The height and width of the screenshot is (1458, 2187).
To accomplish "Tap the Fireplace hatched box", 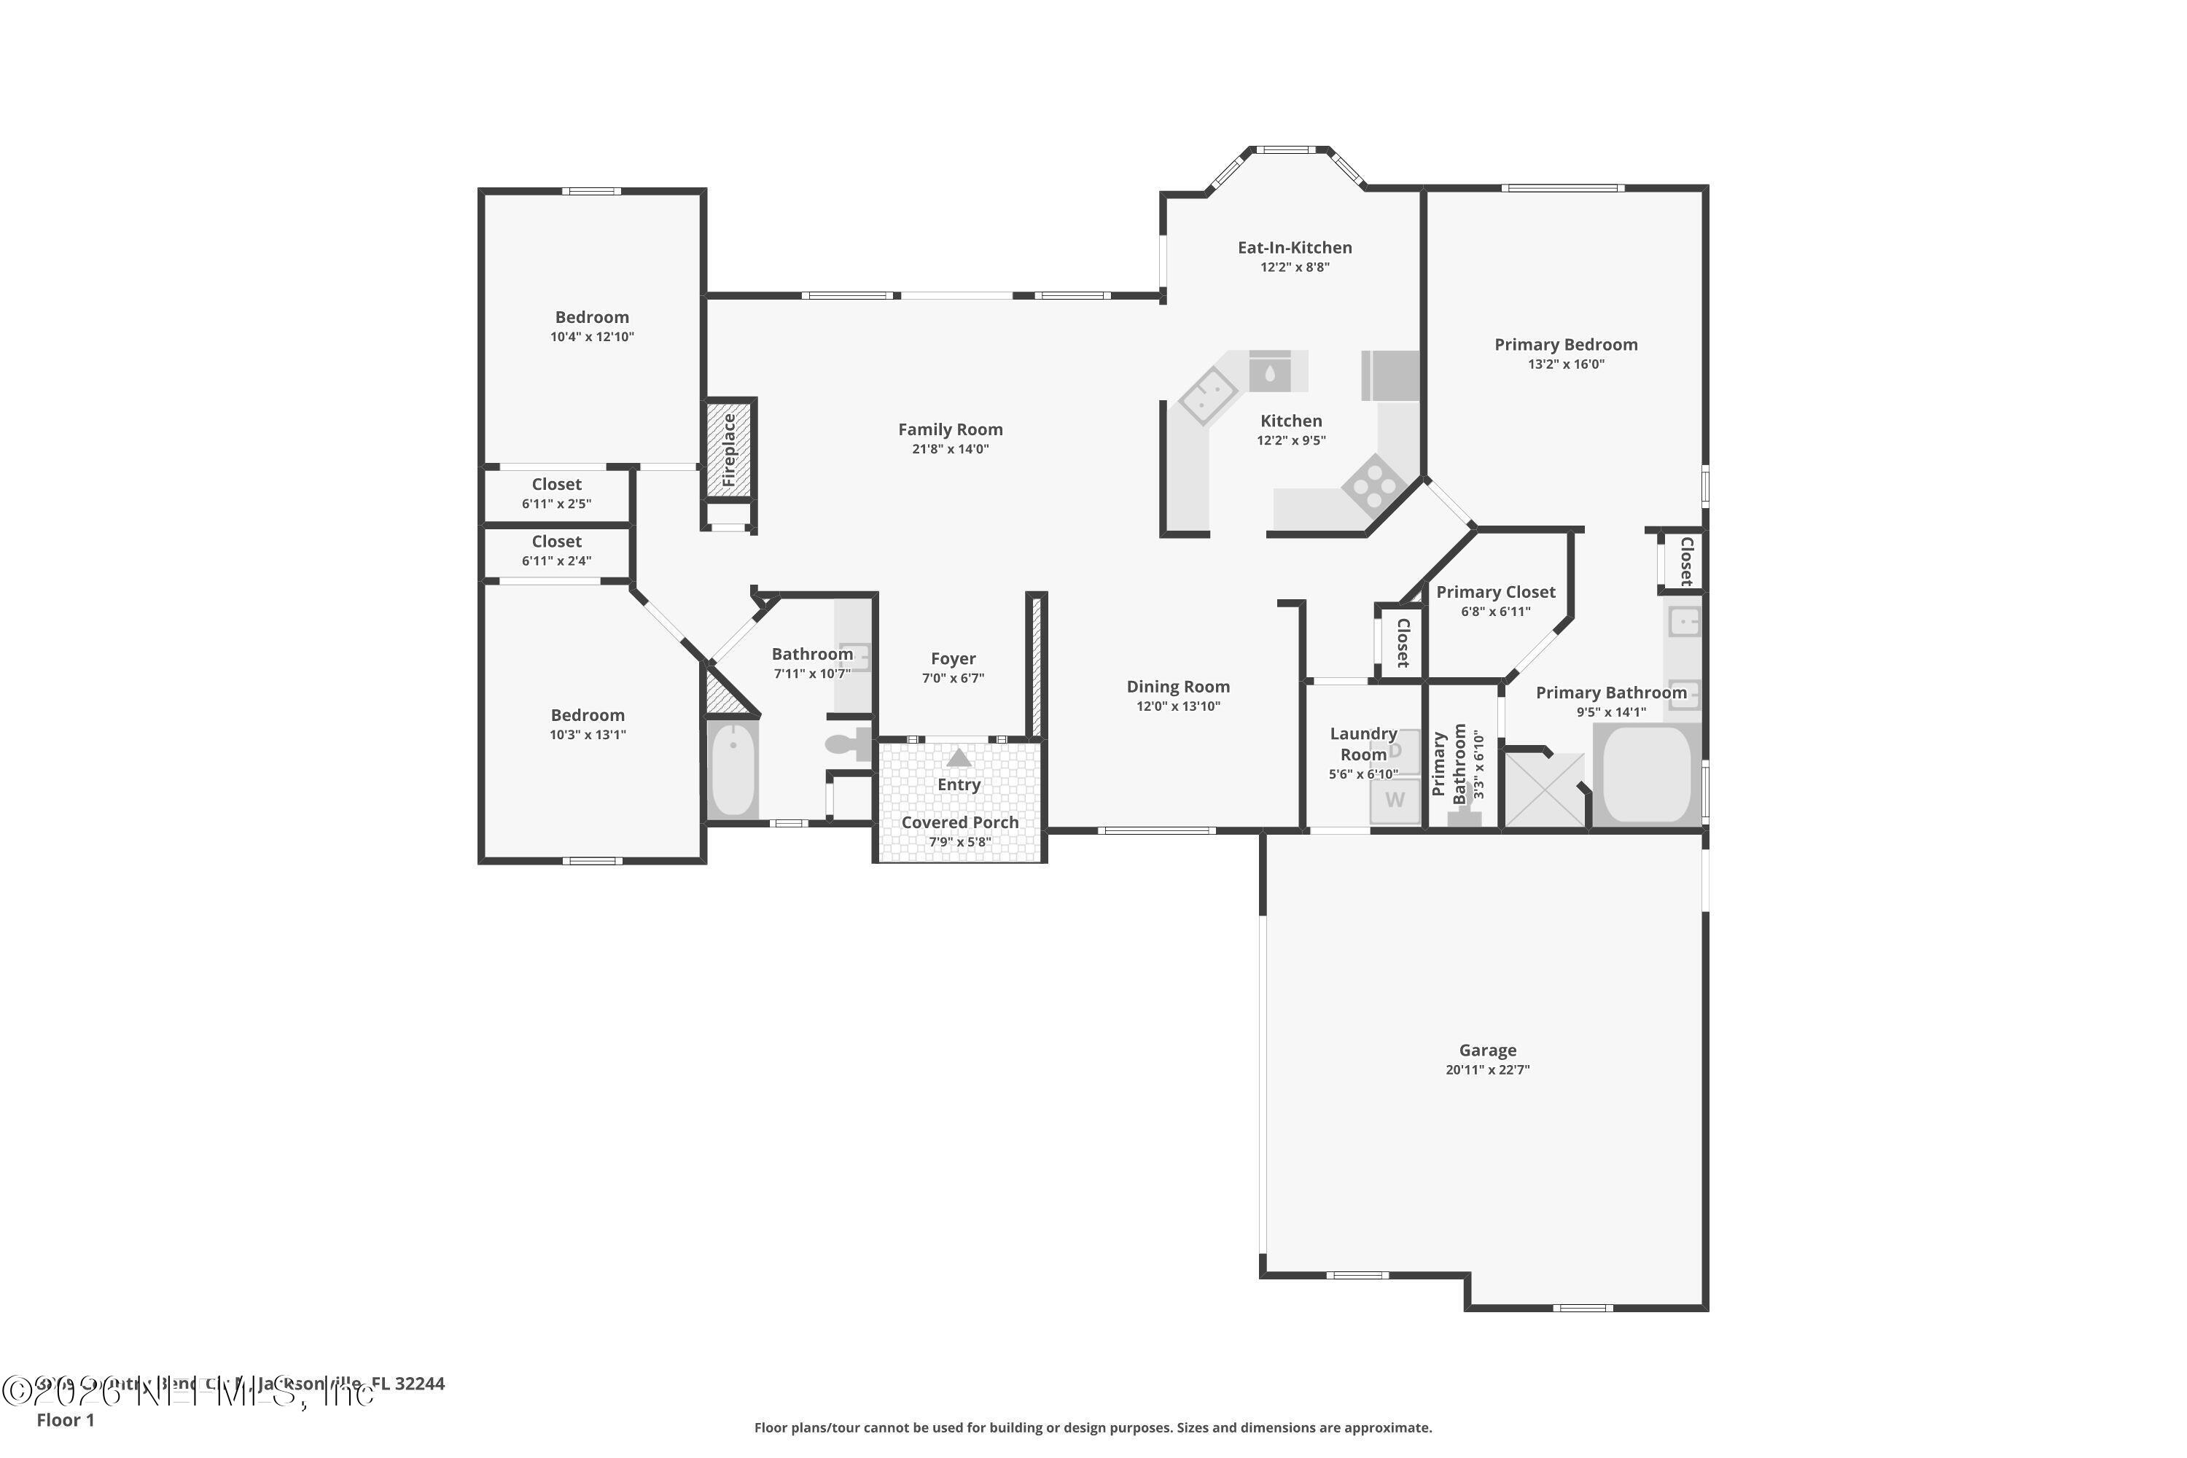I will (x=729, y=449).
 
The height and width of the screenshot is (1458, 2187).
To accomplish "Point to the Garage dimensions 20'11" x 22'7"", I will (x=1487, y=1070).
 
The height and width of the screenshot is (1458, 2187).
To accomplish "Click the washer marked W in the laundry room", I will (x=1395, y=800).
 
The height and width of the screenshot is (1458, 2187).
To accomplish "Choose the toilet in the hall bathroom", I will (x=846, y=744).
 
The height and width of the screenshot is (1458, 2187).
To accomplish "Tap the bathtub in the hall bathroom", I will (x=733, y=770).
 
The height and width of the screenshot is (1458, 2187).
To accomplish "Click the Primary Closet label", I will (x=1495, y=592).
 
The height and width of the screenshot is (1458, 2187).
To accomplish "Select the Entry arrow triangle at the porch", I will (x=959, y=758).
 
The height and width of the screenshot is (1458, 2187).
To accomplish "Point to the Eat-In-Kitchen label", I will (x=1295, y=247).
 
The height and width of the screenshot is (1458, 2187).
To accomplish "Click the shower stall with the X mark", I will (x=1543, y=789).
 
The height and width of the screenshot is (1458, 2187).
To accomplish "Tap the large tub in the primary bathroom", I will (x=1647, y=773).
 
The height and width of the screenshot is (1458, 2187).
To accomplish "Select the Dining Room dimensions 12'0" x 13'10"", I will (x=1178, y=706).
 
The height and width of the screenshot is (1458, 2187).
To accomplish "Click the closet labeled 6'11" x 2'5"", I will (x=556, y=494).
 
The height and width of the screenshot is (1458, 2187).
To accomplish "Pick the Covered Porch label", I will (x=959, y=823).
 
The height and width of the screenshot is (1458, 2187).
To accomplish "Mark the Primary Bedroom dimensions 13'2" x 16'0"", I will (x=1566, y=364).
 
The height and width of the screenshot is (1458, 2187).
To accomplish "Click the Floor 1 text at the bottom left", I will (x=65, y=1420).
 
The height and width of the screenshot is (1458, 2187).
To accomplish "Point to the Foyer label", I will (x=953, y=658).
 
